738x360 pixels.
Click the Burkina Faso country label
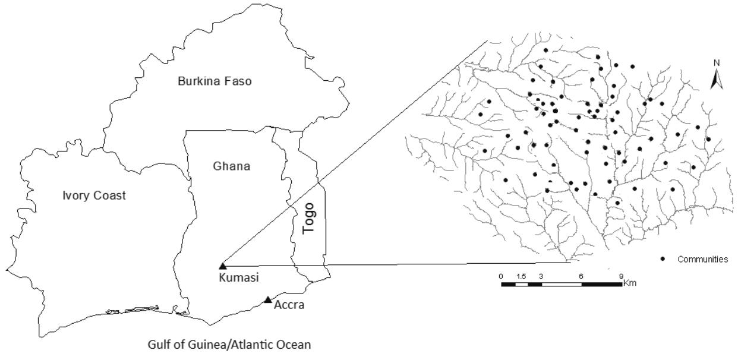coord(215,81)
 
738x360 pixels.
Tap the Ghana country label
coord(231,167)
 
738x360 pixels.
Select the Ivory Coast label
coord(94,195)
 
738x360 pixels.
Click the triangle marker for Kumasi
coord(223,266)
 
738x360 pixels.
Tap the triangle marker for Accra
coord(268,299)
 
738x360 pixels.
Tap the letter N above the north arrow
coord(717,62)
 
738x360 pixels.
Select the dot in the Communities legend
coord(662,259)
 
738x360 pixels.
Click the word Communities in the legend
coord(702,260)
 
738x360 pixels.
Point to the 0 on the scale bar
coord(502,276)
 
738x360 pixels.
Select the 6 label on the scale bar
coord(581,276)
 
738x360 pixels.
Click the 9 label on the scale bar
coord(621,276)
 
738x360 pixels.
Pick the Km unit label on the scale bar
coord(630,283)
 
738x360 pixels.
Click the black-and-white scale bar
coord(562,284)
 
